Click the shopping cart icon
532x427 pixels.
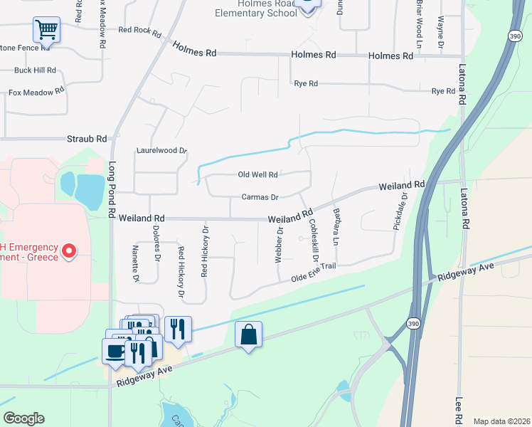[46, 31]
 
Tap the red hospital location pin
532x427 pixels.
[69, 251]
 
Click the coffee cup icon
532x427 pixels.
[115, 349]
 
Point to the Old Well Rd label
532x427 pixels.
[257, 174]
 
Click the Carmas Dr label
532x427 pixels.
[259, 196]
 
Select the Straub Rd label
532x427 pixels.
[87, 139]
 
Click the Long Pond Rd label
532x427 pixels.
[112, 189]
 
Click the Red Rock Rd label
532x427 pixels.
[140, 30]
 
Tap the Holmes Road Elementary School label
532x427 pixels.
[257, 9]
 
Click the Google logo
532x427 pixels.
[23, 418]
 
